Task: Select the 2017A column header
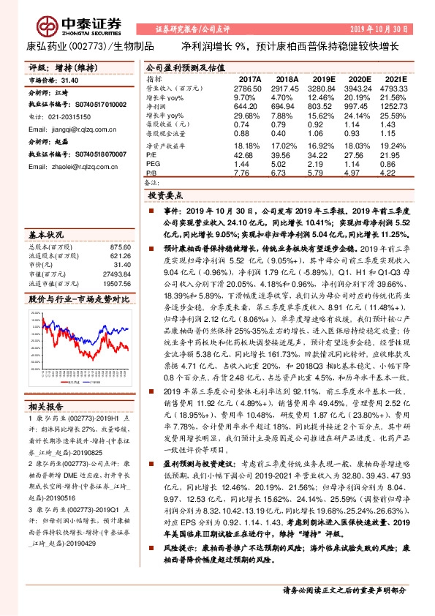249,79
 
